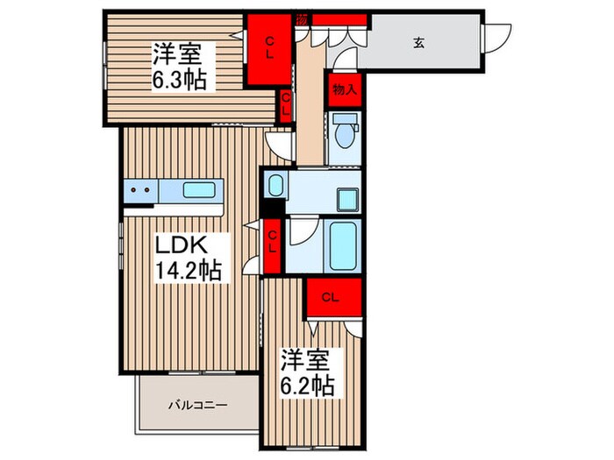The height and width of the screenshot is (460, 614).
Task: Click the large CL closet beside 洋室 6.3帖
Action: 269,49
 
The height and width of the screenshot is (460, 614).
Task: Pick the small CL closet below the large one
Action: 286,106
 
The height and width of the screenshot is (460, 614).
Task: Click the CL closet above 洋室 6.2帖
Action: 330,298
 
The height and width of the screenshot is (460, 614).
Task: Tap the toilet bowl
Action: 343,133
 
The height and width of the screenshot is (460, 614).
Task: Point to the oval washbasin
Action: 275,186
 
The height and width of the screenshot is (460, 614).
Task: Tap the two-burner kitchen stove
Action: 140,188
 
